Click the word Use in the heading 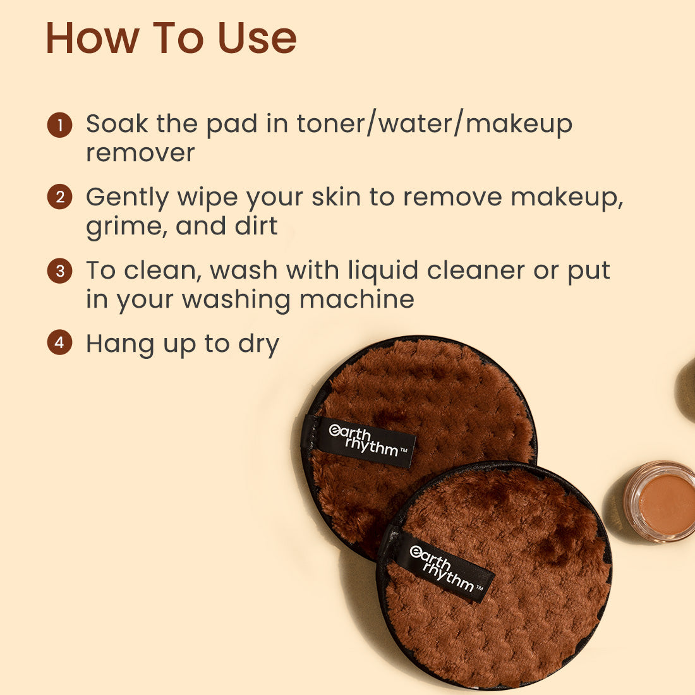(x=257, y=38)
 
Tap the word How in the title (x=92, y=38)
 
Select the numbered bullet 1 (x=59, y=124)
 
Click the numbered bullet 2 (x=59, y=197)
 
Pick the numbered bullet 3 (x=59, y=271)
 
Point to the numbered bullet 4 (x=59, y=343)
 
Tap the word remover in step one (x=140, y=153)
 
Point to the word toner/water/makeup (x=435, y=124)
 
